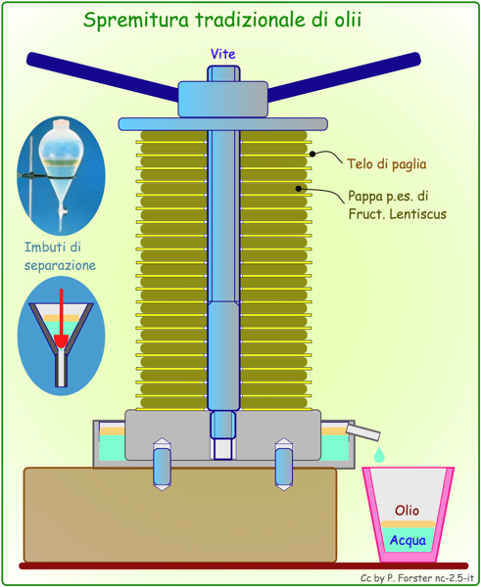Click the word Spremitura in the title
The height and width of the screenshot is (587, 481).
tap(136, 21)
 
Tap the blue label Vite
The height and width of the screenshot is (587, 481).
tap(223, 54)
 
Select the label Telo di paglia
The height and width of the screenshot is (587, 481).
tap(387, 164)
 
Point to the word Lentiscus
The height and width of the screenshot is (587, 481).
tap(418, 214)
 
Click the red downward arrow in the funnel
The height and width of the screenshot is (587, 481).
tap(61, 318)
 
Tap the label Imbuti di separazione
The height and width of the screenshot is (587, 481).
tap(60, 256)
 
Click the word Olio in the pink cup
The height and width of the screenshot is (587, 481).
tap(407, 511)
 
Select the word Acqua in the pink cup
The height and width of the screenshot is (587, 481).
tap(408, 541)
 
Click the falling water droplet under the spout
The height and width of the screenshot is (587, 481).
tap(379, 455)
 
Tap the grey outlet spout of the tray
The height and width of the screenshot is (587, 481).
tap(362, 432)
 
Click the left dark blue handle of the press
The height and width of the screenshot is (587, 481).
tap(102, 76)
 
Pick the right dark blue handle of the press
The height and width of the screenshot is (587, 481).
tap(344, 76)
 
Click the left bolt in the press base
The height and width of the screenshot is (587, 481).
tap(162, 464)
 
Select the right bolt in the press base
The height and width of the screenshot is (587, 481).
tap(284, 464)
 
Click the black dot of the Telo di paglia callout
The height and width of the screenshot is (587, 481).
tap(313, 154)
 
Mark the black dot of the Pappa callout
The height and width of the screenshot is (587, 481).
tap(299, 189)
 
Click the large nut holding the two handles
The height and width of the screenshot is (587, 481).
tap(222, 99)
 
